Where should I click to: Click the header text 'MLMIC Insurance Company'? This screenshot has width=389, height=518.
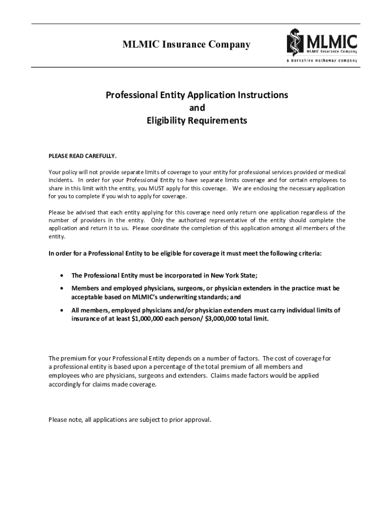(x=186, y=45)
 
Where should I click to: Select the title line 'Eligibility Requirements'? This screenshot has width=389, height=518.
(x=197, y=121)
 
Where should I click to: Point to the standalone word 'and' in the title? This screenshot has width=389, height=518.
(x=197, y=108)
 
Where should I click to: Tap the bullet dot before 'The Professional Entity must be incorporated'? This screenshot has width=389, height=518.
(x=62, y=276)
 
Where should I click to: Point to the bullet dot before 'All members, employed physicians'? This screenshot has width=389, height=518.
(x=62, y=311)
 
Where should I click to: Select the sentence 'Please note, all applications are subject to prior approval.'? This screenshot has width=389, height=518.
(x=129, y=419)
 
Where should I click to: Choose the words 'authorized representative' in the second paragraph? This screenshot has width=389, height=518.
(x=215, y=220)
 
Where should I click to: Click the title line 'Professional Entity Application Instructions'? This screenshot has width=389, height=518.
(x=197, y=95)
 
